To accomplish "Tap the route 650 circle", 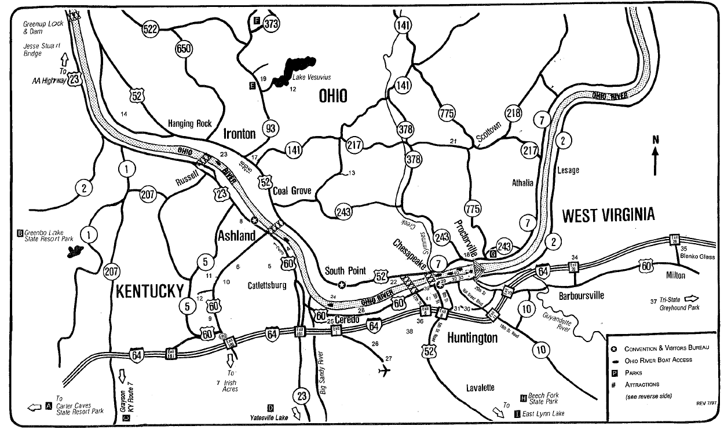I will click(183, 49).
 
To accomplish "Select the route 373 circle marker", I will click(271, 24).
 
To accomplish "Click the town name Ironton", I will click(239, 134).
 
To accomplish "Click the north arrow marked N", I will click(655, 156).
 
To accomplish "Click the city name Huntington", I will click(472, 337).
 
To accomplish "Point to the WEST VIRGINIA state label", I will click(608, 215).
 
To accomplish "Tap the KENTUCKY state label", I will click(150, 291).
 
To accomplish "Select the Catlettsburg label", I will click(267, 285).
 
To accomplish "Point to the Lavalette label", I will click(480, 387).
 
